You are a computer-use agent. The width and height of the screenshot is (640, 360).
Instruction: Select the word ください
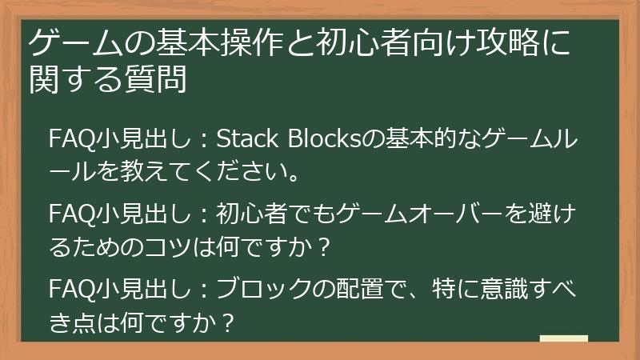(240, 171)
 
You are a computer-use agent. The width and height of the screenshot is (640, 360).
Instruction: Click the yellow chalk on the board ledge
(564, 338)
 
